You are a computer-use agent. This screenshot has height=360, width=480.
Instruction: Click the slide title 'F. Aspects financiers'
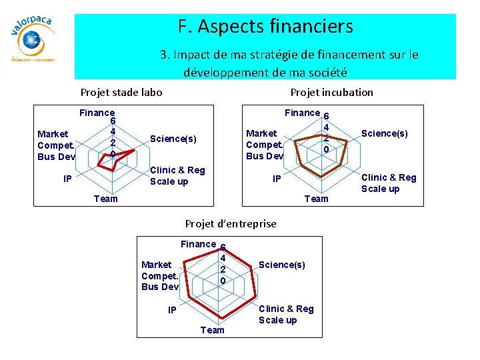pyautogui.click(x=265, y=27)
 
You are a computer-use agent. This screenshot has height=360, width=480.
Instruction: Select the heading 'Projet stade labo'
pyautogui.click(x=121, y=92)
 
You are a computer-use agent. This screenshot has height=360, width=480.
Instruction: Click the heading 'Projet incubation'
pyautogui.click(x=331, y=92)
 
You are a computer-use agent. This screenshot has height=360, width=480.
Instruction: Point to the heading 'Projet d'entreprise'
pyautogui.click(x=231, y=223)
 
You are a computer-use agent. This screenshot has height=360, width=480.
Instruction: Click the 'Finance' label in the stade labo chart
pyautogui.click(x=97, y=113)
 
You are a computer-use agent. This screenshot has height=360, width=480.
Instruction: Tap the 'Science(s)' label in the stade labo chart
pyautogui.click(x=173, y=139)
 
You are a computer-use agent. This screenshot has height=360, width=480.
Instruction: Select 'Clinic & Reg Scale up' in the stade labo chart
pyautogui.click(x=177, y=176)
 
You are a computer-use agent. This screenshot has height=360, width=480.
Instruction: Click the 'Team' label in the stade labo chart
pyautogui.click(x=106, y=198)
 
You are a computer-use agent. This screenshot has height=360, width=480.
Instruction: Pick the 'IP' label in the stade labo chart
pyautogui.click(x=68, y=179)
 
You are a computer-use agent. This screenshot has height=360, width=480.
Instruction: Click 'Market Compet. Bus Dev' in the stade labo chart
pyautogui.click(x=57, y=145)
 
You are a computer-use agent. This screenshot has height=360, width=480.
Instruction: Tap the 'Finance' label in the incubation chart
pyautogui.click(x=302, y=113)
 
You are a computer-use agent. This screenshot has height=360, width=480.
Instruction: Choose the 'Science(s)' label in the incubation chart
pyautogui.click(x=385, y=133)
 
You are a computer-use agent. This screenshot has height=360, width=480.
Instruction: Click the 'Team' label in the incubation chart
pyautogui.click(x=316, y=198)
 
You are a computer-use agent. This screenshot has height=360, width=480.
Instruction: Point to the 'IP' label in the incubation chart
pyautogui.click(x=277, y=179)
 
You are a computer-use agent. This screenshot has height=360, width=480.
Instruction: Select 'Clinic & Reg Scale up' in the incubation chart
pyautogui.click(x=389, y=183)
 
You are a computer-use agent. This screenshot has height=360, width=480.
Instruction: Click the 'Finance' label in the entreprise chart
pyautogui.click(x=198, y=244)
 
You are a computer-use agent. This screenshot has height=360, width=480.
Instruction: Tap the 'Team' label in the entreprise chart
pyautogui.click(x=213, y=330)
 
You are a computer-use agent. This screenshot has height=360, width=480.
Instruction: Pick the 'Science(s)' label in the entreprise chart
pyautogui.click(x=282, y=265)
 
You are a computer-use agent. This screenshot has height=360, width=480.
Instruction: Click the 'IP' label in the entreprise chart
pyautogui.click(x=172, y=310)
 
